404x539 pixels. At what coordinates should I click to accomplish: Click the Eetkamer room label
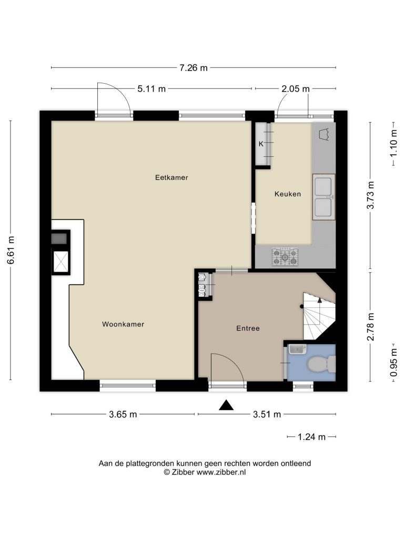point(171,178)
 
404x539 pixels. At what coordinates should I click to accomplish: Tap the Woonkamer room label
point(123,324)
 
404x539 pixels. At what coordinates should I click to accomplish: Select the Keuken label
point(288,194)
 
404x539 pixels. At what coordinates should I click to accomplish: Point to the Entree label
point(248,328)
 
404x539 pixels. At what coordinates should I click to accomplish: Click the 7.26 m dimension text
point(194,68)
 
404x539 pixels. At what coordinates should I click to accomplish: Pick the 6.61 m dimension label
point(12,250)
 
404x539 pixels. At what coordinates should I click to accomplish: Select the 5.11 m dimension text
point(151,88)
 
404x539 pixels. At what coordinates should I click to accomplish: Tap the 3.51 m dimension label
point(267,414)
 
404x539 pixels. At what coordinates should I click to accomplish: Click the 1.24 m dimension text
point(311,437)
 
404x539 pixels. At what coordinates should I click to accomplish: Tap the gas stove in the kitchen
point(285,256)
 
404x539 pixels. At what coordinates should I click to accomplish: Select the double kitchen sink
point(324,197)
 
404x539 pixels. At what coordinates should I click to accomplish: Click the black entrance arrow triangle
point(226,405)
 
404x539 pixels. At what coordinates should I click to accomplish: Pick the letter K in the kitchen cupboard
point(261,144)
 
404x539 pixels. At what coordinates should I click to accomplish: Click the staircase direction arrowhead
point(319,300)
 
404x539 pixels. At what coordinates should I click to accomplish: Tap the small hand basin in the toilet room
point(297,350)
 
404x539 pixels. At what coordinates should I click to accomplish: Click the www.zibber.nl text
point(221,472)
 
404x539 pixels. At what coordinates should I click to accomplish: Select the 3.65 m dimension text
point(123,414)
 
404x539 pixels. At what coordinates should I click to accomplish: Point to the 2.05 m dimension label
point(296,88)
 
